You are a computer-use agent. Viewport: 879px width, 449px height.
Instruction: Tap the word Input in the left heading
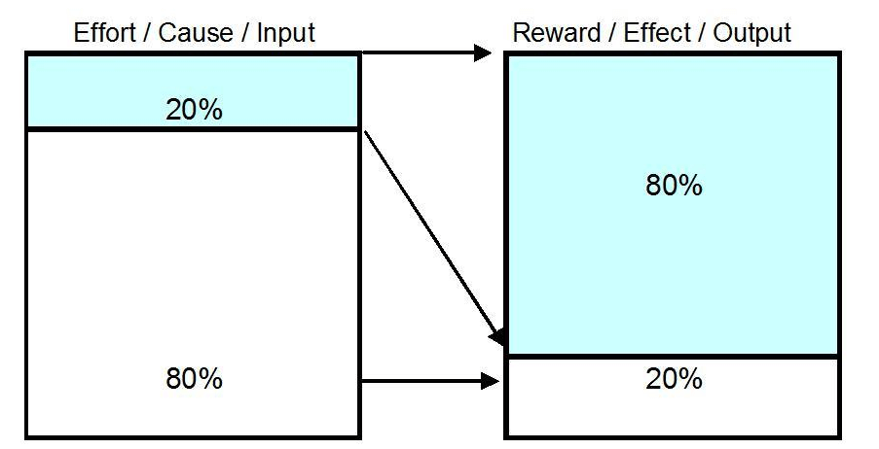coord(286,32)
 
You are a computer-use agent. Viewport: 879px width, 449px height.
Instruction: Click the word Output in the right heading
coord(751,32)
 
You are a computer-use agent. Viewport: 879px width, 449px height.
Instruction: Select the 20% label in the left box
coord(194,109)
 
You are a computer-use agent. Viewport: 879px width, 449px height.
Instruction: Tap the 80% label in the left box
coord(194,378)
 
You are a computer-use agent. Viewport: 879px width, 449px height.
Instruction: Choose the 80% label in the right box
coord(674,185)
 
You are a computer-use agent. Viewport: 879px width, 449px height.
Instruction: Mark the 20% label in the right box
coord(674,378)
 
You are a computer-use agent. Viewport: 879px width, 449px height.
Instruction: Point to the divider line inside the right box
coord(672,357)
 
